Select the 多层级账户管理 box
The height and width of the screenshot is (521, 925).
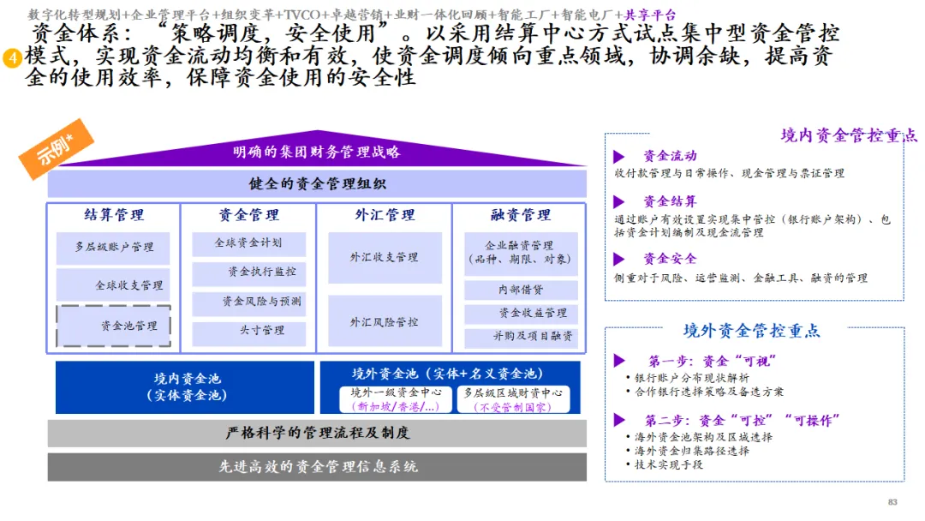pyautogui.click(x=113, y=247)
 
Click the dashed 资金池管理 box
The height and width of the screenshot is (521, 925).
pyautogui.click(x=113, y=326)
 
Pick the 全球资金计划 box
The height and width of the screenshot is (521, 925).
pyautogui.click(x=248, y=243)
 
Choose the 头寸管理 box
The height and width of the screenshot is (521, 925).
pyautogui.click(x=248, y=331)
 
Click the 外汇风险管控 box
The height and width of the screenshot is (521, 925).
pyautogui.click(x=385, y=321)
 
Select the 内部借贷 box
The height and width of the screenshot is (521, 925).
pyautogui.click(x=521, y=290)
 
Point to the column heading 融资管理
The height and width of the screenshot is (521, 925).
pyautogui.click(x=521, y=215)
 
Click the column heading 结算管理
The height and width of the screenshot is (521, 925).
pyautogui.click(x=114, y=215)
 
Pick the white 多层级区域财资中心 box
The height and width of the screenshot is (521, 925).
pyautogui.click(x=514, y=399)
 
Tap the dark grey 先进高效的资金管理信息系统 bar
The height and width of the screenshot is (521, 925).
pyautogui.click(x=317, y=467)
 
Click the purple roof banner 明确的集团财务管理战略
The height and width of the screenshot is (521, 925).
pyautogui.click(x=317, y=153)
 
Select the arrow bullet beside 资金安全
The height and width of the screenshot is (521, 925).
pyautogui.click(x=619, y=259)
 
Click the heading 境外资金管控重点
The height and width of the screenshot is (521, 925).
pyautogui.click(x=751, y=331)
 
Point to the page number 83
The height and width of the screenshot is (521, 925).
pyautogui.click(x=892, y=502)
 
